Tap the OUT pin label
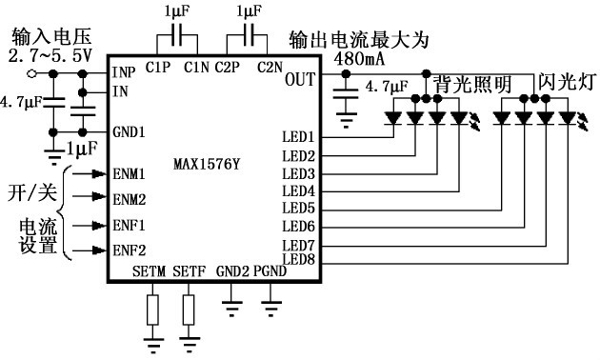299,79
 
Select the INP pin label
124,73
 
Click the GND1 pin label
129,131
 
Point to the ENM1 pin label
129,174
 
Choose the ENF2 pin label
129,250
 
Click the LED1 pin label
299,137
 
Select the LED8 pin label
299,259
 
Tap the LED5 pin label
299,208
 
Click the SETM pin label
150,272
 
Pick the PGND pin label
270,272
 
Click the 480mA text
360,58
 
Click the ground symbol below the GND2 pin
231,307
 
